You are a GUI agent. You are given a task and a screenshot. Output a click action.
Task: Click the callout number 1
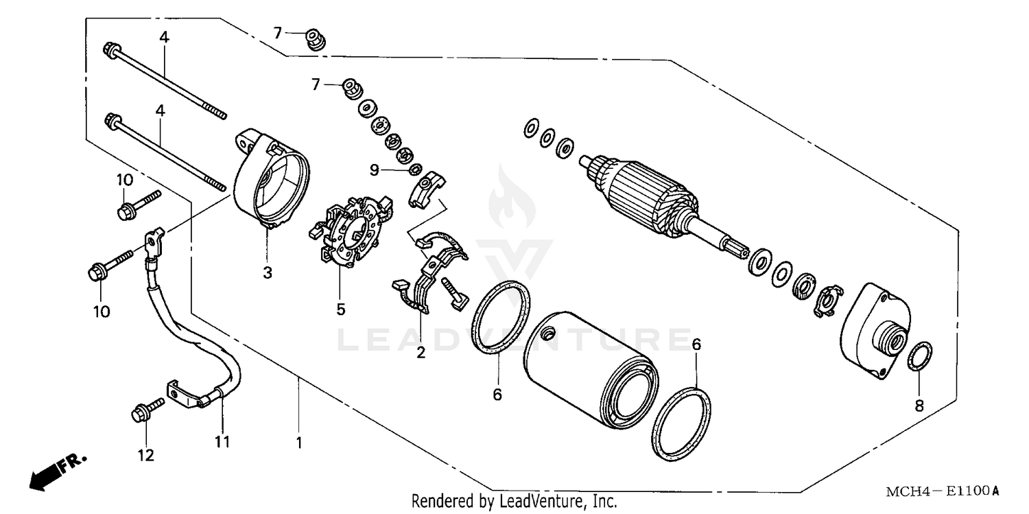299,443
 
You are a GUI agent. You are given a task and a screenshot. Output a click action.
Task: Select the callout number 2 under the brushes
421,353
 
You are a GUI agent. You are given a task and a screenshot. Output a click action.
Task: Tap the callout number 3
267,273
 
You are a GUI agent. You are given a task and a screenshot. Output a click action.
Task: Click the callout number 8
919,406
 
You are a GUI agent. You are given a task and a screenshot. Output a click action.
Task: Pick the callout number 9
393,169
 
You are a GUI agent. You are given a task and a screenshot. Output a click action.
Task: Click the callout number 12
146,454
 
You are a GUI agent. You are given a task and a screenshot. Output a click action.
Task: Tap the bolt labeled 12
146,410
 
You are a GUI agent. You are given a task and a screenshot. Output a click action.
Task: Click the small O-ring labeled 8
919,358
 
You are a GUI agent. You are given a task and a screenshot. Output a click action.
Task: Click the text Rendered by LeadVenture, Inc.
514,501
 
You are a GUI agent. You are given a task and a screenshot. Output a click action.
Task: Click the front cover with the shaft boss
874,329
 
